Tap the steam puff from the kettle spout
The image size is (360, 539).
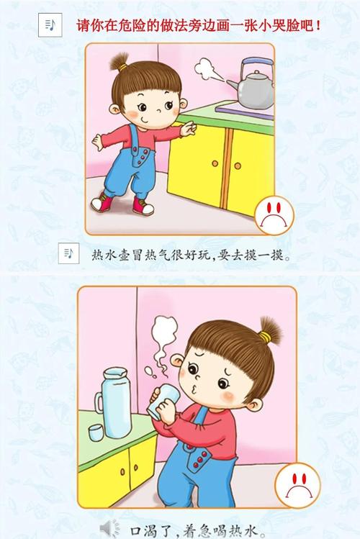tap(210, 71)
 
